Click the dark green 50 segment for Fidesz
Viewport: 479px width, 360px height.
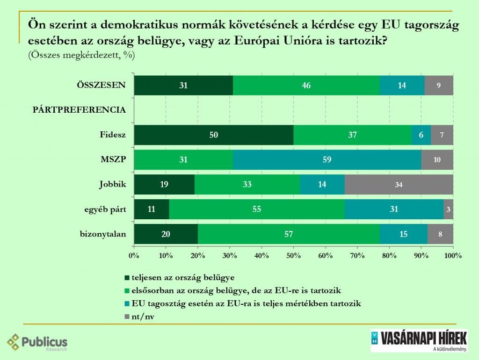click(214, 135)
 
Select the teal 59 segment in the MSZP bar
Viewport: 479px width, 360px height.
click(327, 159)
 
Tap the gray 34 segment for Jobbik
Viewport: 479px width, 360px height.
click(399, 184)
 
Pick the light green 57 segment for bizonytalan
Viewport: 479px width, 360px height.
click(288, 234)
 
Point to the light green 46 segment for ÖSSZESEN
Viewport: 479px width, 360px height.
click(306, 85)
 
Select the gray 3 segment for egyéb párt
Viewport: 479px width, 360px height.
click(449, 209)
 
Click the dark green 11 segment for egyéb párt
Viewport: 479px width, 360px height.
click(152, 209)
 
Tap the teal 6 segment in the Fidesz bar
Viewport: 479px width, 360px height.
click(421, 135)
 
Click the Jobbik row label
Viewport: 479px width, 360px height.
click(113, 184)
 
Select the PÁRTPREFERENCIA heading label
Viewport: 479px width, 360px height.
click(79, 110)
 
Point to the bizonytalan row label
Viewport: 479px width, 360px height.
click(103, 234)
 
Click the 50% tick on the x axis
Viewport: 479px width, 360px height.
click(293, 256)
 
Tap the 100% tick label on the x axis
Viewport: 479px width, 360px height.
click(453, 256)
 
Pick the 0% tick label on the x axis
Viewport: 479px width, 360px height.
click(134, 256)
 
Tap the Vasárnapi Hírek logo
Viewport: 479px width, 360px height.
click(419, 340)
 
